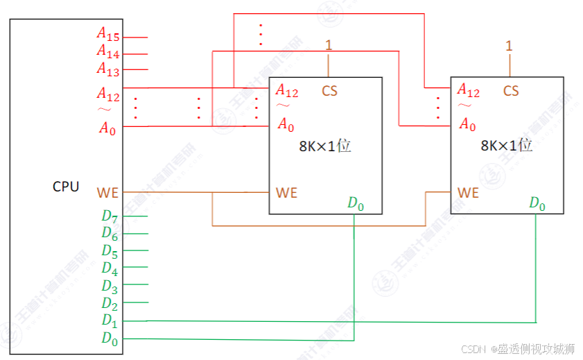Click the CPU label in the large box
click(x=66, y=187)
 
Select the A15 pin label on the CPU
click(x=108, y=33)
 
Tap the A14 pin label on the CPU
click(x=108, y=51)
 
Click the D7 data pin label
click(x=110, y=215)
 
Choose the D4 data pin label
click(x=110, y=268)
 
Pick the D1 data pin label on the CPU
click(x=110, y=320)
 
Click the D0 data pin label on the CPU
click(x=110, y=338)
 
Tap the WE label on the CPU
click(x=107, y=192)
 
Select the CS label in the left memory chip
click(x=329, y=91)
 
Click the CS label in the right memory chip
click(x=511, y=91)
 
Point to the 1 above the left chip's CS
click(x=329, y=46)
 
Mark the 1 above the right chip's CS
click(x=510, y=46)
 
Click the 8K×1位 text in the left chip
click(x=324, y=147)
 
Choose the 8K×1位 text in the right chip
click(x=506, y=146)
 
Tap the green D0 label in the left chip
click(x=355, y=203)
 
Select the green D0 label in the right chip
click(x=537, y=203)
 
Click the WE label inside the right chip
click(x=468, y=192)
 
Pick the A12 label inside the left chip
click(x=287, y=90)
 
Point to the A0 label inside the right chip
click(x=468, y=126)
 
